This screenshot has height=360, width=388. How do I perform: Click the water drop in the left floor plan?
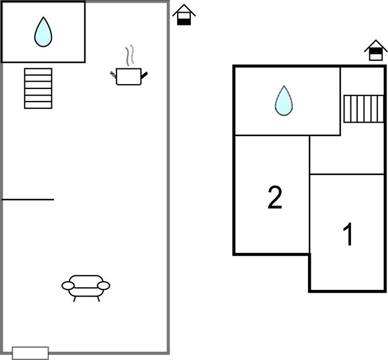coord(43,33)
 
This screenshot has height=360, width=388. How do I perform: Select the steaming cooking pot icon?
coord(129,76)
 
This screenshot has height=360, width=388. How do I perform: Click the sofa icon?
coord(86,286)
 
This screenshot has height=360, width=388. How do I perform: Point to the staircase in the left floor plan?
coord(38,88)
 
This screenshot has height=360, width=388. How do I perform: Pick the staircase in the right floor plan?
coord(363,109)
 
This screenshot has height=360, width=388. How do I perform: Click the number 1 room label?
coord(348,235)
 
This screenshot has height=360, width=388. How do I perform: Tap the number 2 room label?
coord(274,198)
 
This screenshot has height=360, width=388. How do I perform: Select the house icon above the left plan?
coord(184,15)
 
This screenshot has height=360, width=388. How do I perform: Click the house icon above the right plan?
coord(375,50)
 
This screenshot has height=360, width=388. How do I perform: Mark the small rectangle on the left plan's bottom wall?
coord(30,353)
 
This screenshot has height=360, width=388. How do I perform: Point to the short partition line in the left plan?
coord(28,199)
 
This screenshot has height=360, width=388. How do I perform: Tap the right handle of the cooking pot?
coord(145,75)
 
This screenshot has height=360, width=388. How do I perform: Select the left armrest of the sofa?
coord(68,285)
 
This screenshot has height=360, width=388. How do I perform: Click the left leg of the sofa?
coord(75,298)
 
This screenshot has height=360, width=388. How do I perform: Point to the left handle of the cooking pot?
coord(113,73)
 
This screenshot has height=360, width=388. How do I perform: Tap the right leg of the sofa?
coord(98,298)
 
